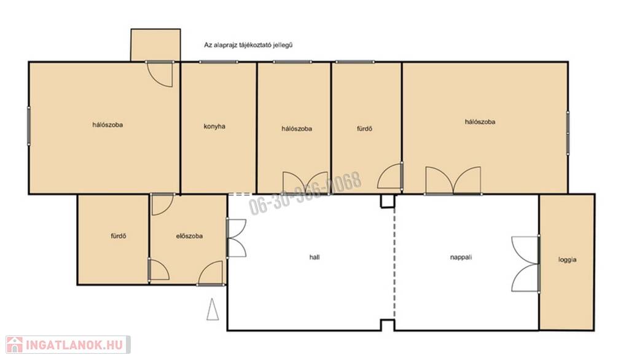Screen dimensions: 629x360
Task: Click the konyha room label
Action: [214, 127]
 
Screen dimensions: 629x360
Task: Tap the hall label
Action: [314, 257]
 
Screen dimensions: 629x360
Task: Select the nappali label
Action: [461, 257]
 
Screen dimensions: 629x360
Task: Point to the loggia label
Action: [567, 260]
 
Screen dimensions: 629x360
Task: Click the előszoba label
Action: [189, 236]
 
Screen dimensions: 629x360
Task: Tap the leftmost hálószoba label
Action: [107, 125]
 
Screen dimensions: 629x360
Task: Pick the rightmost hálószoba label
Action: [480, 122]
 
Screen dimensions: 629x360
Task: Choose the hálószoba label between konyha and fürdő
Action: [297, 129]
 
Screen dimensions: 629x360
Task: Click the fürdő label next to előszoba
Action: [119, 236]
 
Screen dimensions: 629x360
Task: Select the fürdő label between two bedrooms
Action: [365, 129]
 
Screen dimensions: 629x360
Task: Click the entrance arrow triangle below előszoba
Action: [213, 310]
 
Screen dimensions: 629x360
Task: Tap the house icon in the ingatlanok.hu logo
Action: [15, 345]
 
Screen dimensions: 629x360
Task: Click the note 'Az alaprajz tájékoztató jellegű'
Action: [248, 45]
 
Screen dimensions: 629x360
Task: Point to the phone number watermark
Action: [305, 194]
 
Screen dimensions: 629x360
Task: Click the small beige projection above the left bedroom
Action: [155, 45]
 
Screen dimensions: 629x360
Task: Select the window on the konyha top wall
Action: [219, 62]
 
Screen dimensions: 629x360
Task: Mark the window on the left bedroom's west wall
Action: [29, 125]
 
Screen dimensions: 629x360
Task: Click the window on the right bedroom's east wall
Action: [568, 133]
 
